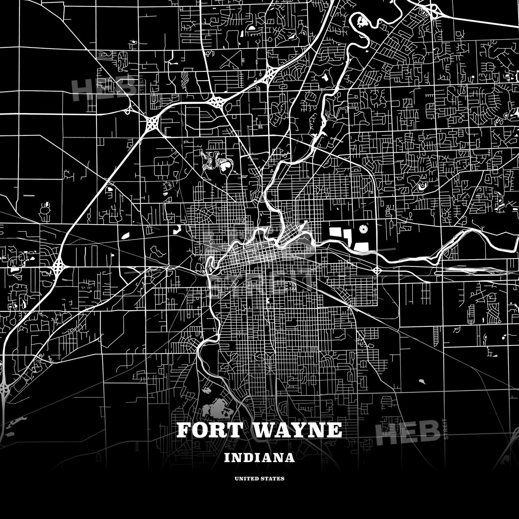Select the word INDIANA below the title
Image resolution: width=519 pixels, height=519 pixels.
(259, 458)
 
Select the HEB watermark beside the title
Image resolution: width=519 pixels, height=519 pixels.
(407, 431)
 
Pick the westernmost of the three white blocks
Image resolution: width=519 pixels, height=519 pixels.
(335, 232)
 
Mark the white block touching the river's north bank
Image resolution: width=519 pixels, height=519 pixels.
(361, 246)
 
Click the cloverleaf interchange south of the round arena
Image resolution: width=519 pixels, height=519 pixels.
(377, 270)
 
